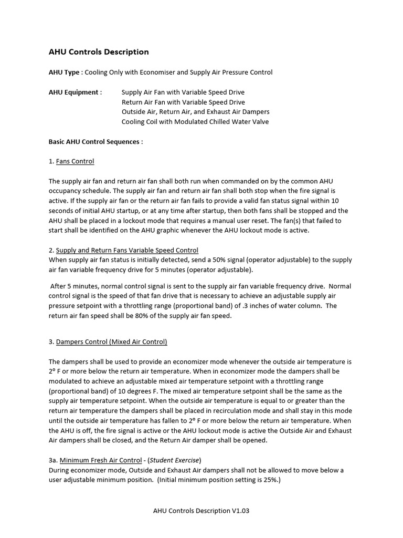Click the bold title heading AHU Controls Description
(x=99, y=52)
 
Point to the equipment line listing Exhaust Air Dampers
(x=195, y=112)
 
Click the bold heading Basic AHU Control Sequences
(x=96, y=142)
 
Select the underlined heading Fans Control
(x=75, y=161)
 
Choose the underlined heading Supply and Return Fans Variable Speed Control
(x=127, y=250)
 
